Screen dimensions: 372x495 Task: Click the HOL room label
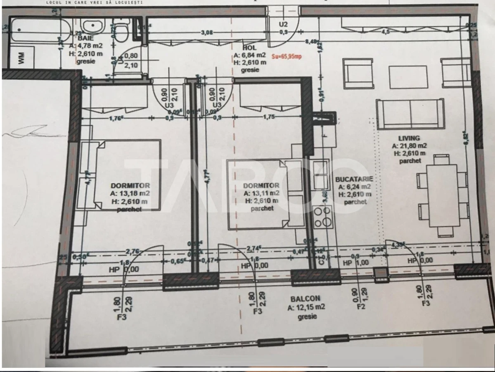tap(250, 48)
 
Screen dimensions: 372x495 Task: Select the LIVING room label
tap(409, 138)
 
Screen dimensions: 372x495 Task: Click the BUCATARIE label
tap(354, 179)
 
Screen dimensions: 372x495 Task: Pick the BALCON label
tap(305, 298)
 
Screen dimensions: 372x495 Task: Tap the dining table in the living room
tap(443, 195)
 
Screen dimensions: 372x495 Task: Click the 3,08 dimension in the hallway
tap(206, 32)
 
